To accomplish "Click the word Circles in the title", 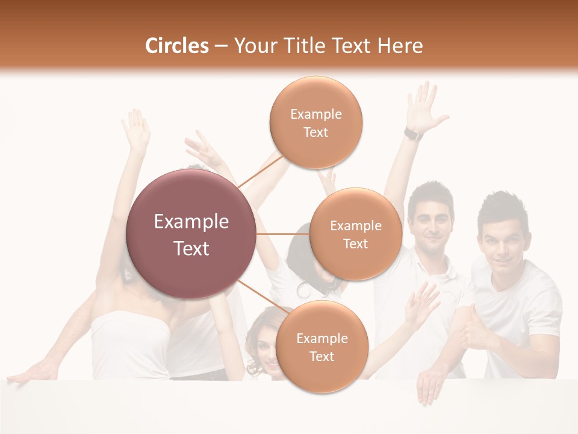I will [176, 46].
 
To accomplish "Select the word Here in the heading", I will [400, 46].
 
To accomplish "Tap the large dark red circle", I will [191, 234].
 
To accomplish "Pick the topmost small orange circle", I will [315, 122].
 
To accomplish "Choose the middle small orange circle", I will [356, 234].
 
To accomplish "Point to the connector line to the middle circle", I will [283, 234].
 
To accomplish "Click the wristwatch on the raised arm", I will [413, 134].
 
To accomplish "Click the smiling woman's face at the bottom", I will [266, 350].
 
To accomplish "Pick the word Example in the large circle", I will [191, 222].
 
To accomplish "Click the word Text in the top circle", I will [315, 133].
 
